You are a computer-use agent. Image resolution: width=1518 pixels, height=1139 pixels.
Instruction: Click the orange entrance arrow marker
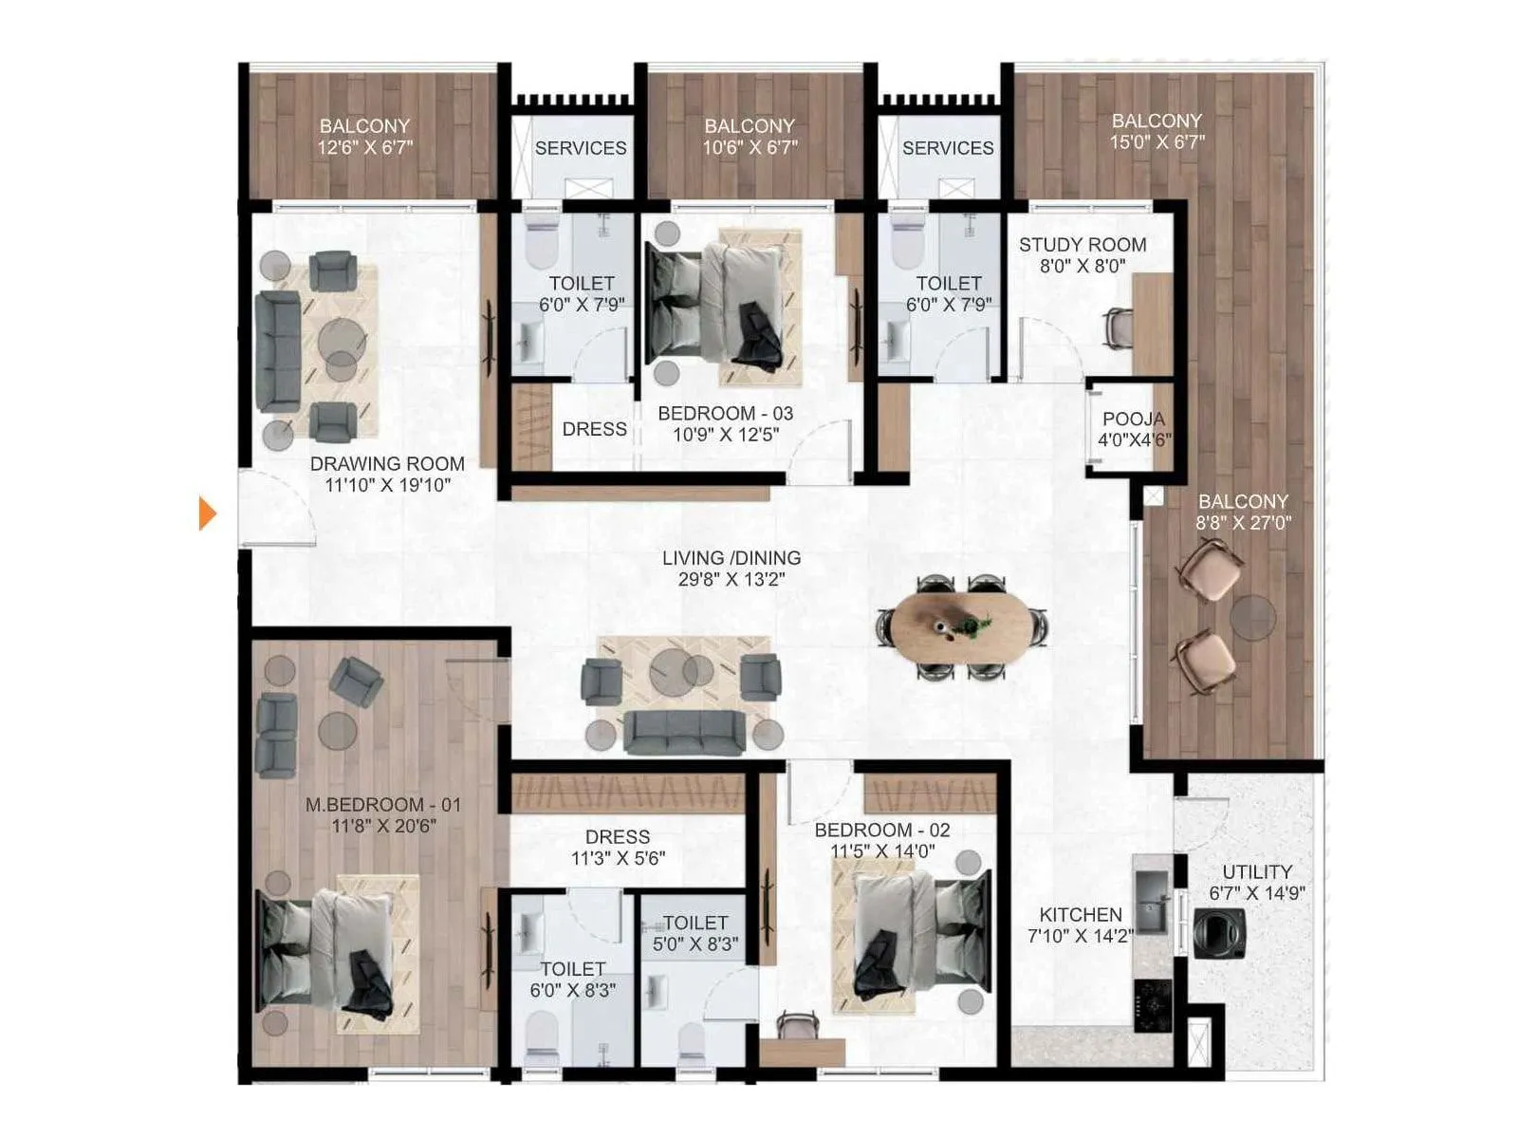(207, 513)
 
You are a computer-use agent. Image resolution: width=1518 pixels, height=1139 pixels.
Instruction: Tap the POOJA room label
(1133, 419)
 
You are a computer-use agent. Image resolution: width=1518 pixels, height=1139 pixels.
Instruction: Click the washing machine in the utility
(1219, 933)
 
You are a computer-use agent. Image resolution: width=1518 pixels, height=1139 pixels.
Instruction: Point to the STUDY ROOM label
(1083, 245)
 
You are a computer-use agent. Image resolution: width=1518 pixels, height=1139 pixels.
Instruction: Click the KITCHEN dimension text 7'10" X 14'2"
(1080, 936)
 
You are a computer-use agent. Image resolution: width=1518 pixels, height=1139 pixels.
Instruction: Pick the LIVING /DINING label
(731, 558)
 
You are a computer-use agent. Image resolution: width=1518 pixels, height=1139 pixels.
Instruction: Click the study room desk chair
(1118, 327)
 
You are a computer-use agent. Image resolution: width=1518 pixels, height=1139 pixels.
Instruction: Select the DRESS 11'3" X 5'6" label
(618, 847)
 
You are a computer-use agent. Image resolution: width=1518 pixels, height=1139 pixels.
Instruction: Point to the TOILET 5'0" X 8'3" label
(695, 933)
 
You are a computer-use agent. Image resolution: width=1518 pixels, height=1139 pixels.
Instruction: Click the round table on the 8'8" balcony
(1252, 617)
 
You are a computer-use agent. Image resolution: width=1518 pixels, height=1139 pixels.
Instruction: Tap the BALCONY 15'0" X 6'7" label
(1157, 131)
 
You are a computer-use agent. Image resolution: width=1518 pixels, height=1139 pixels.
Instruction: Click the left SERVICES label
(580, 148)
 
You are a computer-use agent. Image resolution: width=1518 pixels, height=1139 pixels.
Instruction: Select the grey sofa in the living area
(685, 732)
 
